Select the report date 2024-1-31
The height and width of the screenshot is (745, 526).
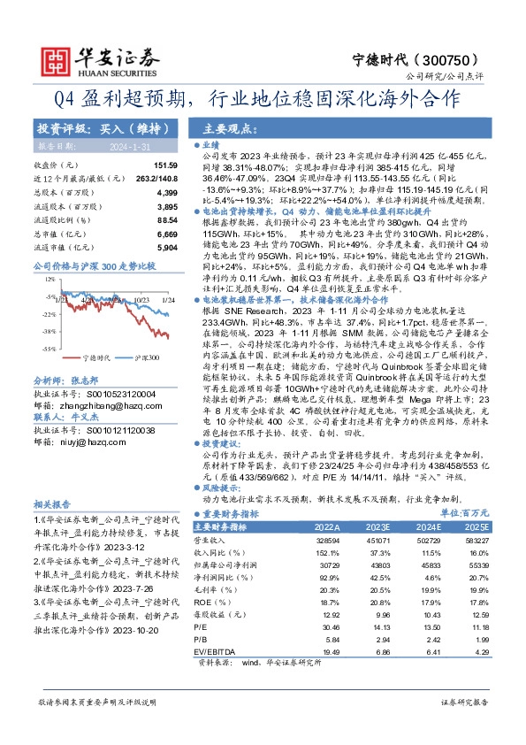point(111,145)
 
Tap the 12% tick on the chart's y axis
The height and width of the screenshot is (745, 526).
point(42,279)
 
